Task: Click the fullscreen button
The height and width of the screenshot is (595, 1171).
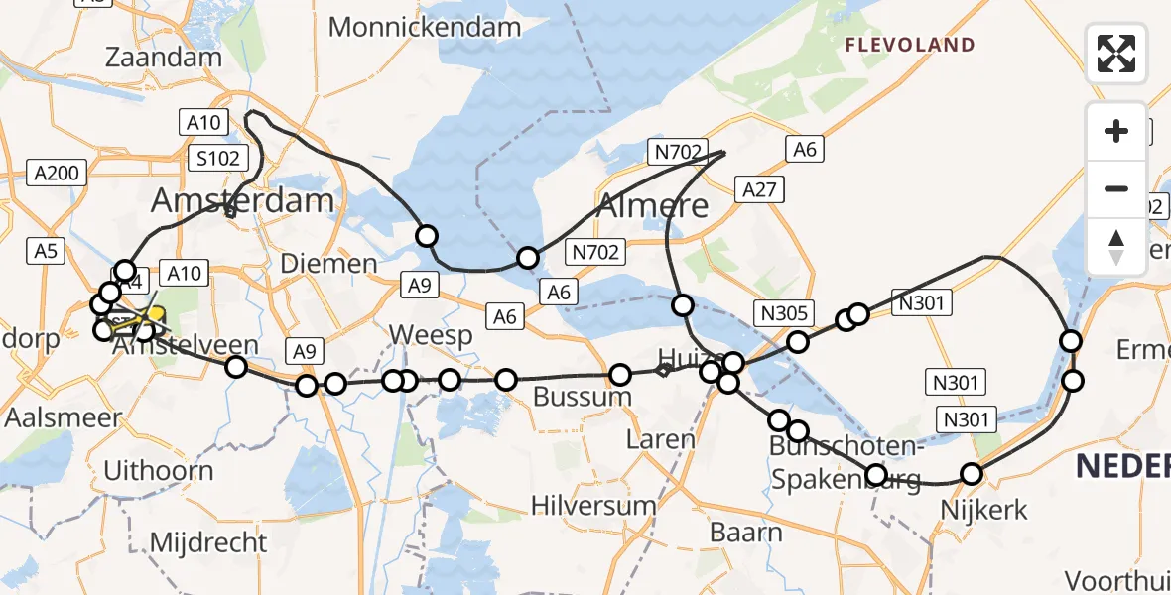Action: coord(1116,53)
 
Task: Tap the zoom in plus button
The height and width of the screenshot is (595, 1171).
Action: coord(1116,131)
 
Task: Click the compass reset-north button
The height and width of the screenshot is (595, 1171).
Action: coord(1116,247)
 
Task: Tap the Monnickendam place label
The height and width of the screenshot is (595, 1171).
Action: coord(425,27)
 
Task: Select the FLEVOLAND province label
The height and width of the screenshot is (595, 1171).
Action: coord(909,45)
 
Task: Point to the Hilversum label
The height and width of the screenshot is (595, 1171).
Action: coord(593,505)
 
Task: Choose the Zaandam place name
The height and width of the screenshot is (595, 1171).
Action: coord(164,57)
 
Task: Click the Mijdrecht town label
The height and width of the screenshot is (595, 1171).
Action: coord(208,542)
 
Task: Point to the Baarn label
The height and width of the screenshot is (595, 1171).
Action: coord(746,533)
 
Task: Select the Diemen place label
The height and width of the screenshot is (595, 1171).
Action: coord(328,264)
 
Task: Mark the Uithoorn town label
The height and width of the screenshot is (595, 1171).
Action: coord(158,469)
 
